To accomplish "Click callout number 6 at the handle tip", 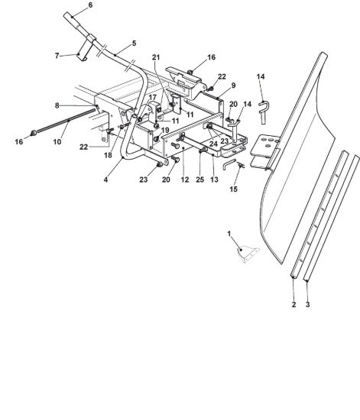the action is [x=90, y=5].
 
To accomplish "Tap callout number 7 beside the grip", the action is [x=57, y=56].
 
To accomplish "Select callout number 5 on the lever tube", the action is [x=134, y=43].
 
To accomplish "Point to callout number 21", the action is [x=156, y=57].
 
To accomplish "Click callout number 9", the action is [x=233, y=86].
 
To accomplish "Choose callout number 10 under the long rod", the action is [x=57, y=141].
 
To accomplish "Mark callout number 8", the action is [x=57, y=105].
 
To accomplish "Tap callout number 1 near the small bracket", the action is [x=229, y=234].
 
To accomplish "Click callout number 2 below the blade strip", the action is [x=294, y=304].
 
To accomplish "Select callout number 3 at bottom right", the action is [x=307, y=304].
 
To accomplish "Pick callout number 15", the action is [x=233, y=189].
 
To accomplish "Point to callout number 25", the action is [x=200, y=179].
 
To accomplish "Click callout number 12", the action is [x=185, y=179].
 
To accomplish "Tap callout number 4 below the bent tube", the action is [x=105, y=179].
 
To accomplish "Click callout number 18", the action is [x=108, y=155].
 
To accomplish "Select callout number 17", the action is [x=152, y=97].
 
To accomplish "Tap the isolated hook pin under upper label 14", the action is [x=264, y=112].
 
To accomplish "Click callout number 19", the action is [x=165, y=130].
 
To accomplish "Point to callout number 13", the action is [x=214, y=179].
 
